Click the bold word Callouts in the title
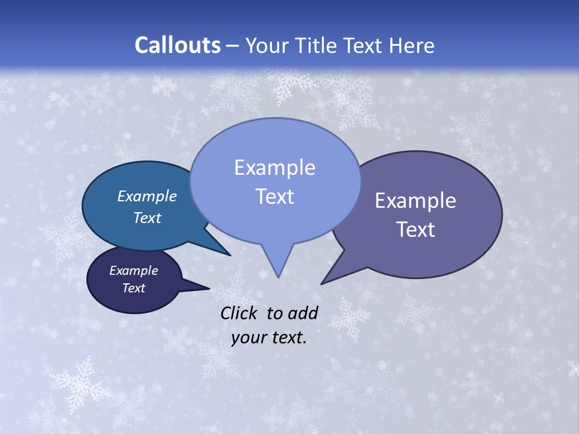pyautogui.click(x=177, y=45)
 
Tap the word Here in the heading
pyautogui.click(x=412, y=46)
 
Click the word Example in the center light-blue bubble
pyautogui.click(x=274, y=168)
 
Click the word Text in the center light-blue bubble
pyautogui.click(x=274, y=197)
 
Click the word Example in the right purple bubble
pyautogui.click(x=416, y=201)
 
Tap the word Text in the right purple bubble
pyautogui.click(x=416, y=230)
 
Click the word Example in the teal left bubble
pyautogui.click(x=147, y=197)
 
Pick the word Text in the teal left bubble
pyautogui.click(x=147, y=218)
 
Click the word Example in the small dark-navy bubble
pyautogui.click(x=133, y=271)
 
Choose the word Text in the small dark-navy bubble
pyautogui.click(x=133, y=288)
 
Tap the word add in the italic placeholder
pyautogui.click(x=302, y=313)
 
